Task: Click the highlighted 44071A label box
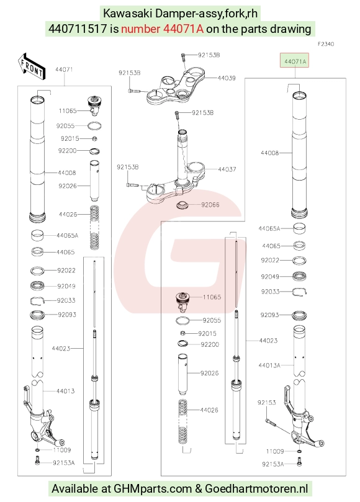294,60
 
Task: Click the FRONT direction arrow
31,66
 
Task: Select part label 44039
227,78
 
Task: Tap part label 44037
227,169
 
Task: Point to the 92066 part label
210,205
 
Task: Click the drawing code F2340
325,44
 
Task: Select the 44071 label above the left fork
64,69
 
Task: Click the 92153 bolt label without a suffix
266,403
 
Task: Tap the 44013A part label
269,365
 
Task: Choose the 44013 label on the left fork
65,391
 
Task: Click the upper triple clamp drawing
176,86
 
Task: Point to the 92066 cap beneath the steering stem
183,205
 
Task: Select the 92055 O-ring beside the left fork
95,126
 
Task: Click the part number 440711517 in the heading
78,29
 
